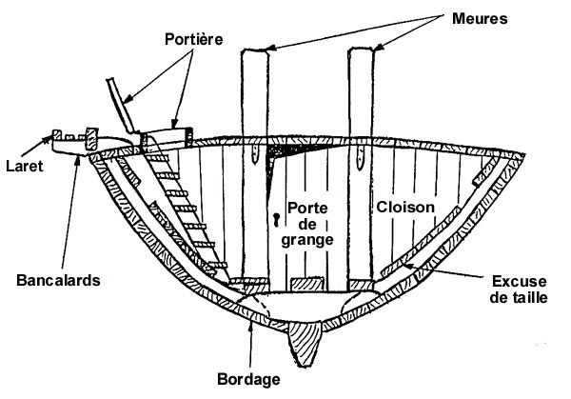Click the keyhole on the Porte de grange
click(x=277, y=219)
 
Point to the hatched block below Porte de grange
click(x=308, y=285)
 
